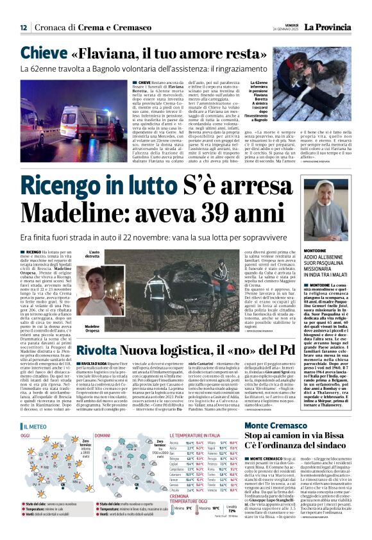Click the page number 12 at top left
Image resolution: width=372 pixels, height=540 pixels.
point(23,27)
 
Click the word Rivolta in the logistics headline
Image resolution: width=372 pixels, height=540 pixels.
point(96,350)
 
